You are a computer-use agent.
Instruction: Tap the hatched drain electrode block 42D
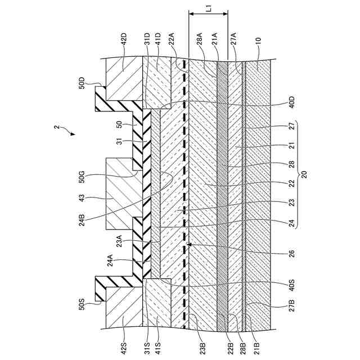124,79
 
